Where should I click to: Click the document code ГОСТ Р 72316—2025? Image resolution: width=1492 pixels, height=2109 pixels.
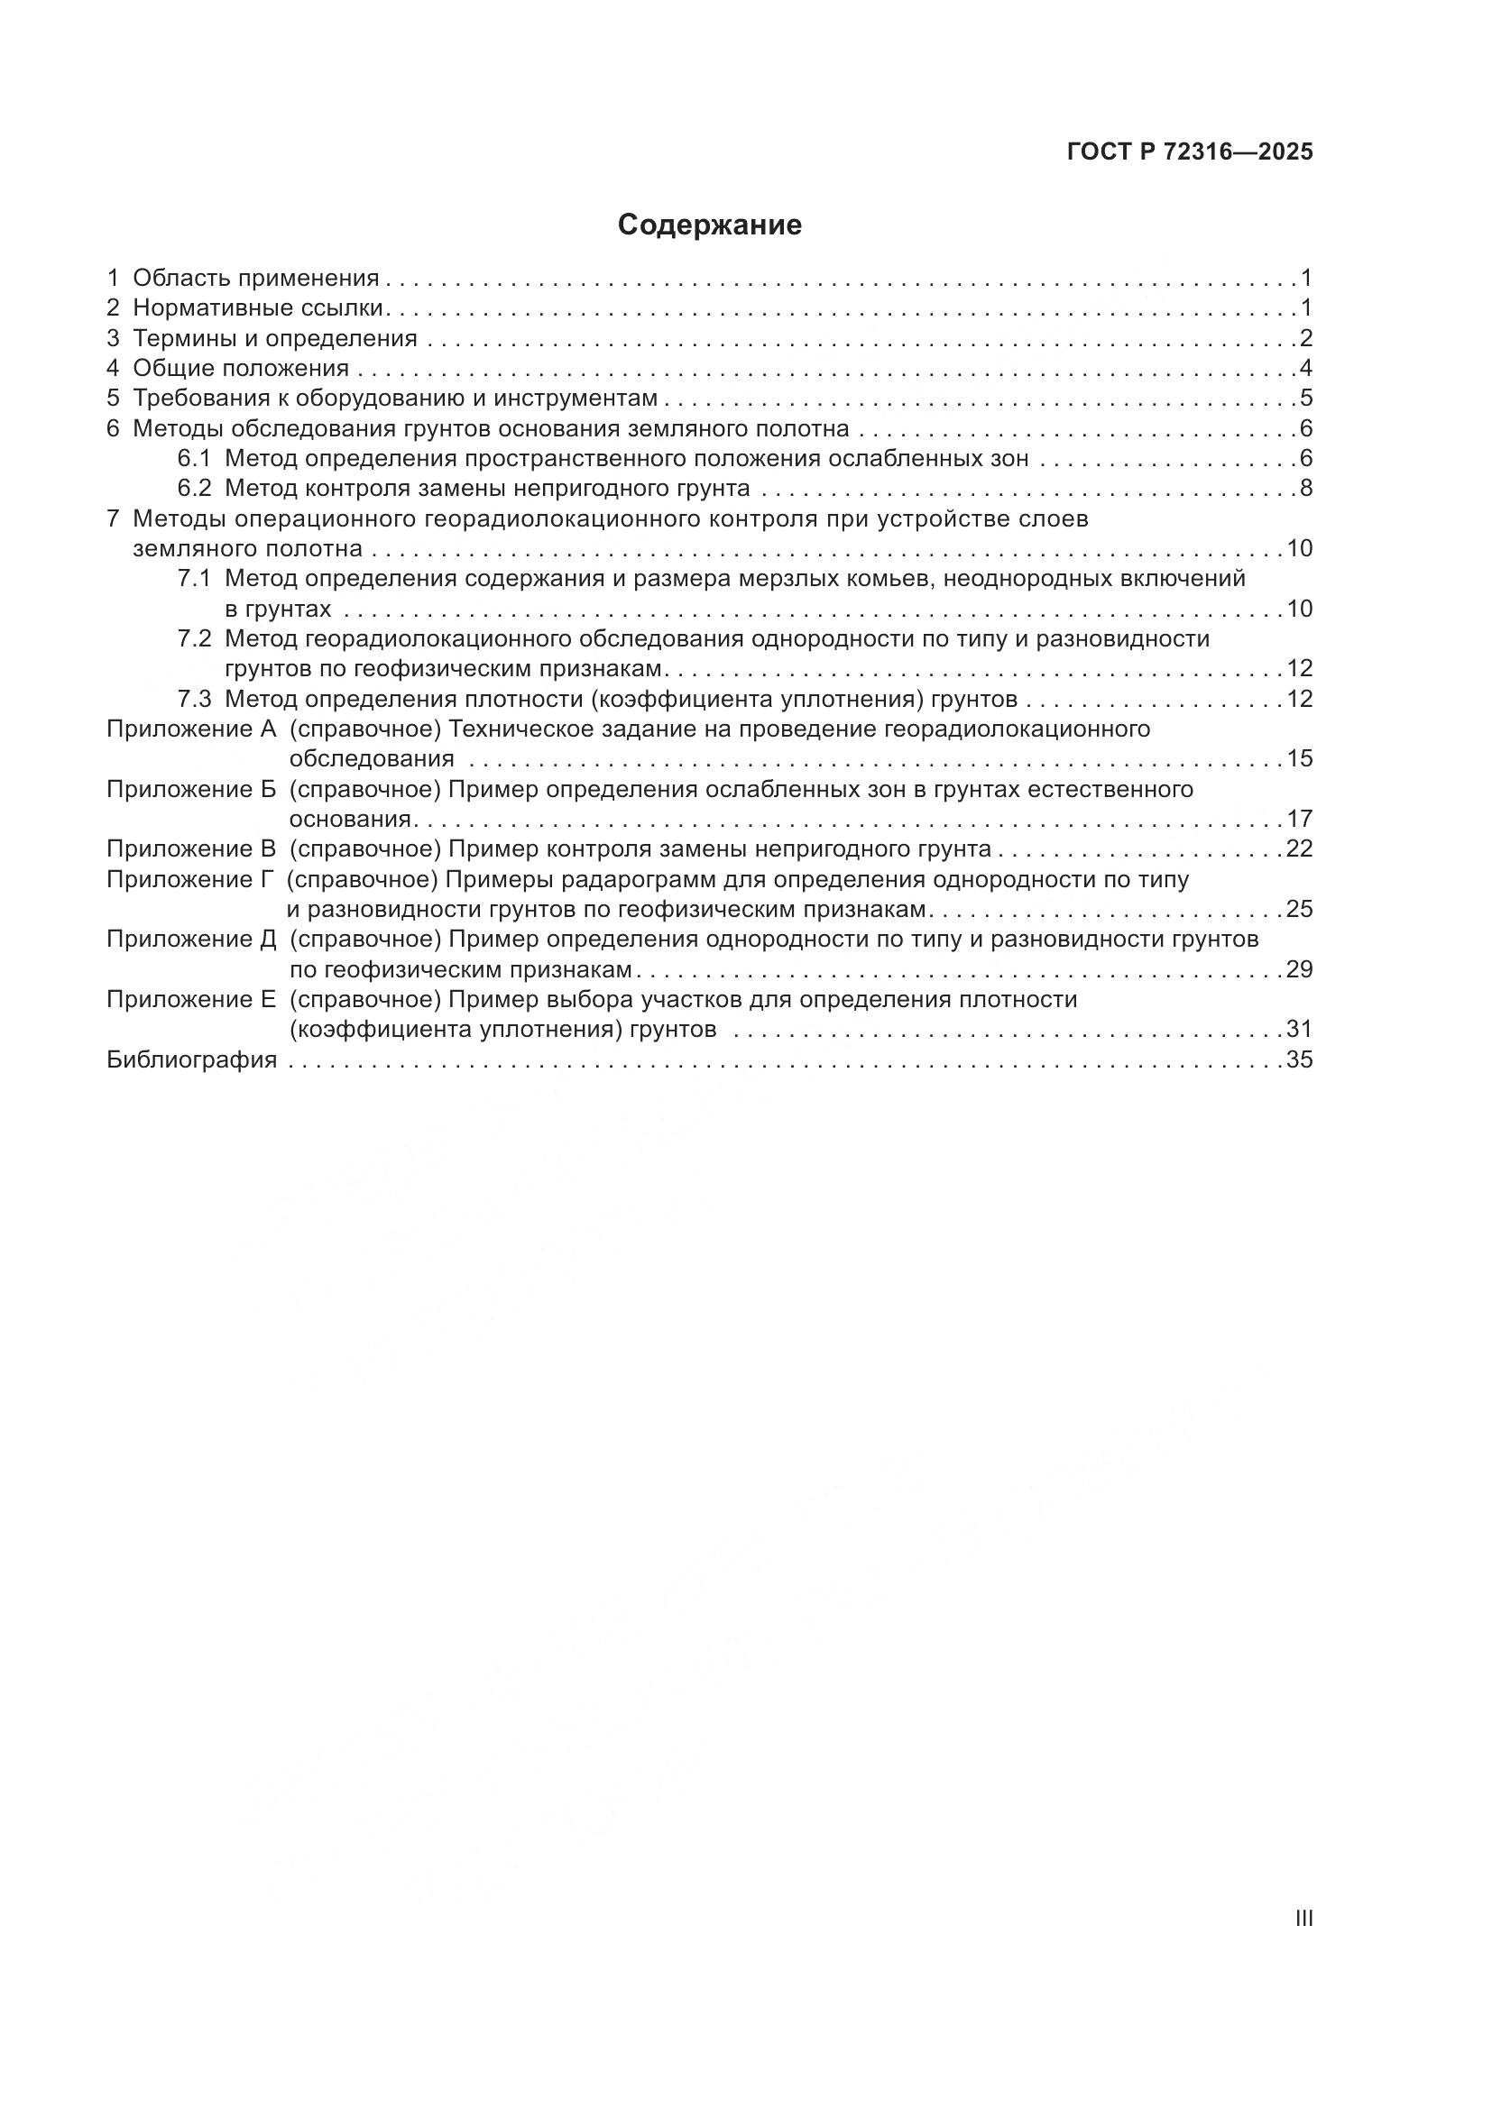1190,152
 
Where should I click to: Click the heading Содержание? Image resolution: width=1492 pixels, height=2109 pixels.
709,225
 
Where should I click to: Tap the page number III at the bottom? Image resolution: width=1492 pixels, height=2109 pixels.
1303,1918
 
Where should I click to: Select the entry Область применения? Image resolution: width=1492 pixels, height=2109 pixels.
255,279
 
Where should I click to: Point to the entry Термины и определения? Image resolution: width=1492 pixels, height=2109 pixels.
275,338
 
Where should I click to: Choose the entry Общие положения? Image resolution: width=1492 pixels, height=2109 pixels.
241,369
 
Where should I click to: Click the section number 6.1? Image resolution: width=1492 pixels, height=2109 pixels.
194,458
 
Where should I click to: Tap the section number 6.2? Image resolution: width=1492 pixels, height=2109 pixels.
194,488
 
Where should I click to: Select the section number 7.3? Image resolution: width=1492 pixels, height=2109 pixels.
194,699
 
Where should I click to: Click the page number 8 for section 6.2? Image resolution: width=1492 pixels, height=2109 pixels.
1305,488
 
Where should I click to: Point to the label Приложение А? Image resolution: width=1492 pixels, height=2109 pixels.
191,729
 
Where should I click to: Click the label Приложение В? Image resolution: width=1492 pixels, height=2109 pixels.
191,848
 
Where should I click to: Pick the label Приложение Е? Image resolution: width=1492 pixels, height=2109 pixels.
191,999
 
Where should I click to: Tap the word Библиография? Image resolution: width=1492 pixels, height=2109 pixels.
191,1060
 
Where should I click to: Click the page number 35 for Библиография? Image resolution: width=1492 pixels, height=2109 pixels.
1299,1060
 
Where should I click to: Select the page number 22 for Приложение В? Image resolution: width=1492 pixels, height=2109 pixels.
1299,848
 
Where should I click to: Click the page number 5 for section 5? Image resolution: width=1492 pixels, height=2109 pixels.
1305,399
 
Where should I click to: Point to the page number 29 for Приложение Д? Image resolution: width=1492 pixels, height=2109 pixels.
1299,970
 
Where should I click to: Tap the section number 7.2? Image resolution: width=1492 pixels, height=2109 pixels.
194,638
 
